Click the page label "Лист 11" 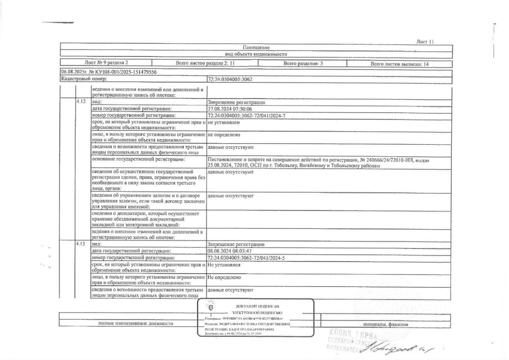[x=424, y=41]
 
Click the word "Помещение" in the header [x=256, y=47]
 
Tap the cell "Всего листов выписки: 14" [x=399, y=64]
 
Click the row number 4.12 [x=81, y=102]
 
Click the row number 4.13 [x=81, y=244]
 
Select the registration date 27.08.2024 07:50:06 [x=230, y=109]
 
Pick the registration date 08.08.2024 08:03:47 [x=230, y=251]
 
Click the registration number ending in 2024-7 [x=247, y=116]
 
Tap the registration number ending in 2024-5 [x=247, y=258]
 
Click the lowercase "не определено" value [x=224, y=134]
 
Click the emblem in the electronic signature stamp [x=211, y=307]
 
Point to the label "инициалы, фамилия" [x=386, y=324]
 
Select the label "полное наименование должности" [x=136, y=324]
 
